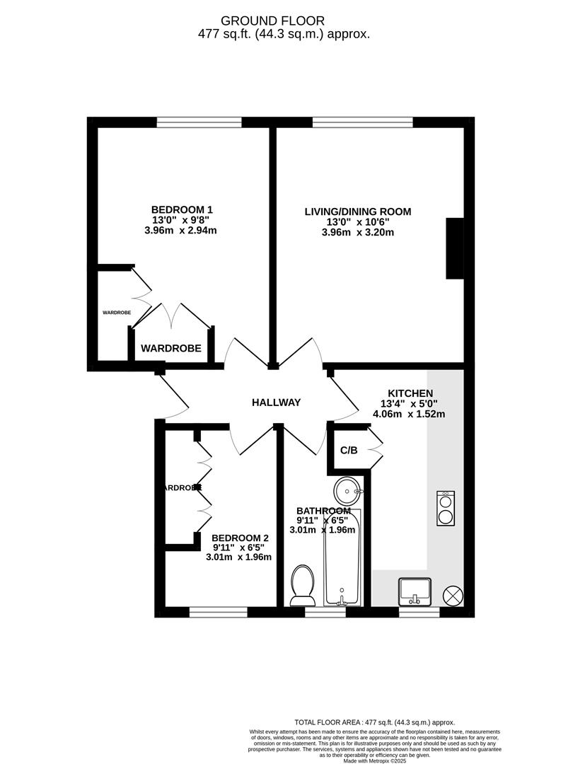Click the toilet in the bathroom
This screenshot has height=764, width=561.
[x=303, y=583]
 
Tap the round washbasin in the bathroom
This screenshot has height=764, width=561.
[x=348, y=490]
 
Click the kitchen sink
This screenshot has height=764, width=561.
[x=415, y=590]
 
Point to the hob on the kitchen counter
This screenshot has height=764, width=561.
[x=446, y=508]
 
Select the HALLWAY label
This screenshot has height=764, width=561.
[x=277, y=403]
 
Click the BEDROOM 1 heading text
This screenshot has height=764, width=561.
[x=182, y=209]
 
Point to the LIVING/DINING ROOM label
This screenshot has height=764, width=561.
[x=357, y=211]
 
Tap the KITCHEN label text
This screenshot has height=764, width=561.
[x=410, y=393]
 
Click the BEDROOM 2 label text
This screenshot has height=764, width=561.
[x=241, y=537]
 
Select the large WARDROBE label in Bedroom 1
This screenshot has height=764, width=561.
[x=171, y=348]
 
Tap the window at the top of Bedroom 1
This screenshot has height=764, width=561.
[x=199, y=122]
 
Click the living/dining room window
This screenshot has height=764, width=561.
[x=362, y=122]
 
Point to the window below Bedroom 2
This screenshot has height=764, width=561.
[x=218, y=613]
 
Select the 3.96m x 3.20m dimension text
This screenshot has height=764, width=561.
[x=357, y=231]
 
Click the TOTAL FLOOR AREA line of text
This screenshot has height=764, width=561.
[x=374, y=722]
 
